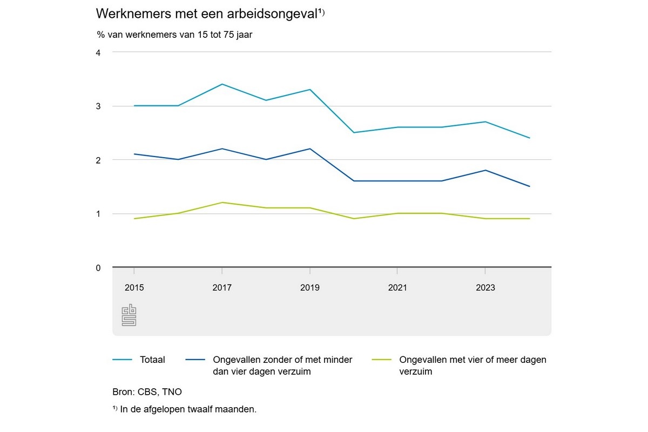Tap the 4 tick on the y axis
coord(98,52)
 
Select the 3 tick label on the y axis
coord(98,106)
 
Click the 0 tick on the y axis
coord(98,268)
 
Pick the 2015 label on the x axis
coord(134,288)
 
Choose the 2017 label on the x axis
coord(222,288)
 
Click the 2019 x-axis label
coord(309,288)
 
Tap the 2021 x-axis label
coord(397,288)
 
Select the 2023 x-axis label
coord(485,288)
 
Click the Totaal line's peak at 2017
coord(222,84)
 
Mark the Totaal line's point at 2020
coord(354,132)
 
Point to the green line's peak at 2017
coord(222,202)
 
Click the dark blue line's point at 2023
coord(485,170)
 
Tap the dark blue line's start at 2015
coord(134,154)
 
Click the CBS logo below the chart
coord(129,315)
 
